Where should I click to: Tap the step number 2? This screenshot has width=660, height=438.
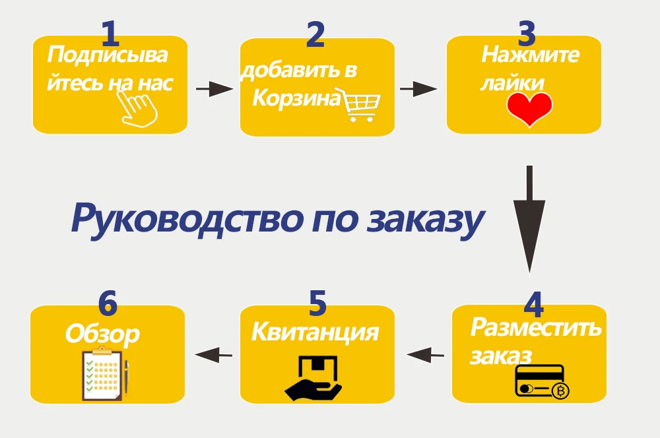pyautogui.click(x=315, y=35)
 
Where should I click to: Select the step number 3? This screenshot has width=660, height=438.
pyautogui.click(x=527, y=33)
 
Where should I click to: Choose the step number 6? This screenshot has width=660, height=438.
pyautogui.click(x=108, y=303)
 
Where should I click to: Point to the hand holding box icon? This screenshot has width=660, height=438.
pyautogui.click(x=313, y=378)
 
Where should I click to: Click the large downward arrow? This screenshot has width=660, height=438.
pyautogui.click(x=529, y=218)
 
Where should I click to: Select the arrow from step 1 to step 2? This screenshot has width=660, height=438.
pyautogui.click(x=214, y=89)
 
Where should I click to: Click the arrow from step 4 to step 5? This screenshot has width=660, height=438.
pyautogui.click(x=426, y=355)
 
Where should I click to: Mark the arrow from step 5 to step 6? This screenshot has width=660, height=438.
pyautogui.click(x=215, y=355)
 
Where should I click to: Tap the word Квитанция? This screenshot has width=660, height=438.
pyautogui.click(x=315, y=332)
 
